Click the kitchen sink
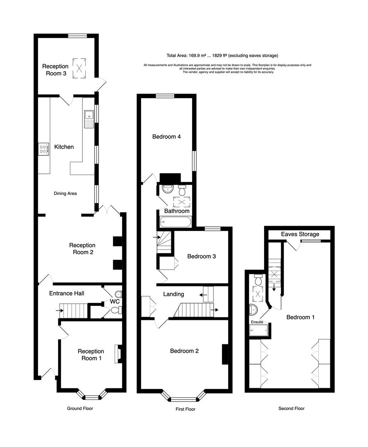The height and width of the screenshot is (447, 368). (89, 119)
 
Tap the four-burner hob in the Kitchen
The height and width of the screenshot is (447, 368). (43, 149)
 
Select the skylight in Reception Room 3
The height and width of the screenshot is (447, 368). (78, 67)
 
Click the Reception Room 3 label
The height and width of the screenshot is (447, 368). (55, 70)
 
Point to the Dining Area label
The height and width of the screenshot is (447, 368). (65, 193)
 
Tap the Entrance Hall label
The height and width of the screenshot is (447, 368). (67, 293)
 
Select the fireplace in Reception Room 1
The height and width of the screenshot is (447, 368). (118, 354)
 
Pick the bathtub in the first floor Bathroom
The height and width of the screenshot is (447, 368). (175, 223)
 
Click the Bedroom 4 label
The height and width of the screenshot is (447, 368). (166, 137)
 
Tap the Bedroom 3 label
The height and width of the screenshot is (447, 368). (202, 257)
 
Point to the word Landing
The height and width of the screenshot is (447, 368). (173, 294)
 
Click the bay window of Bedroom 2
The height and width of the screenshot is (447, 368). (185, 399)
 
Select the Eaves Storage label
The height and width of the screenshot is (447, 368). (300, 234)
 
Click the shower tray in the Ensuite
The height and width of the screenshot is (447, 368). (260, 330)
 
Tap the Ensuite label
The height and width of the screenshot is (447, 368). (257, 322)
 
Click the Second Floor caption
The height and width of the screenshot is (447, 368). (291, 409)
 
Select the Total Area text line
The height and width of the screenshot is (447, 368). (222, 55)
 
